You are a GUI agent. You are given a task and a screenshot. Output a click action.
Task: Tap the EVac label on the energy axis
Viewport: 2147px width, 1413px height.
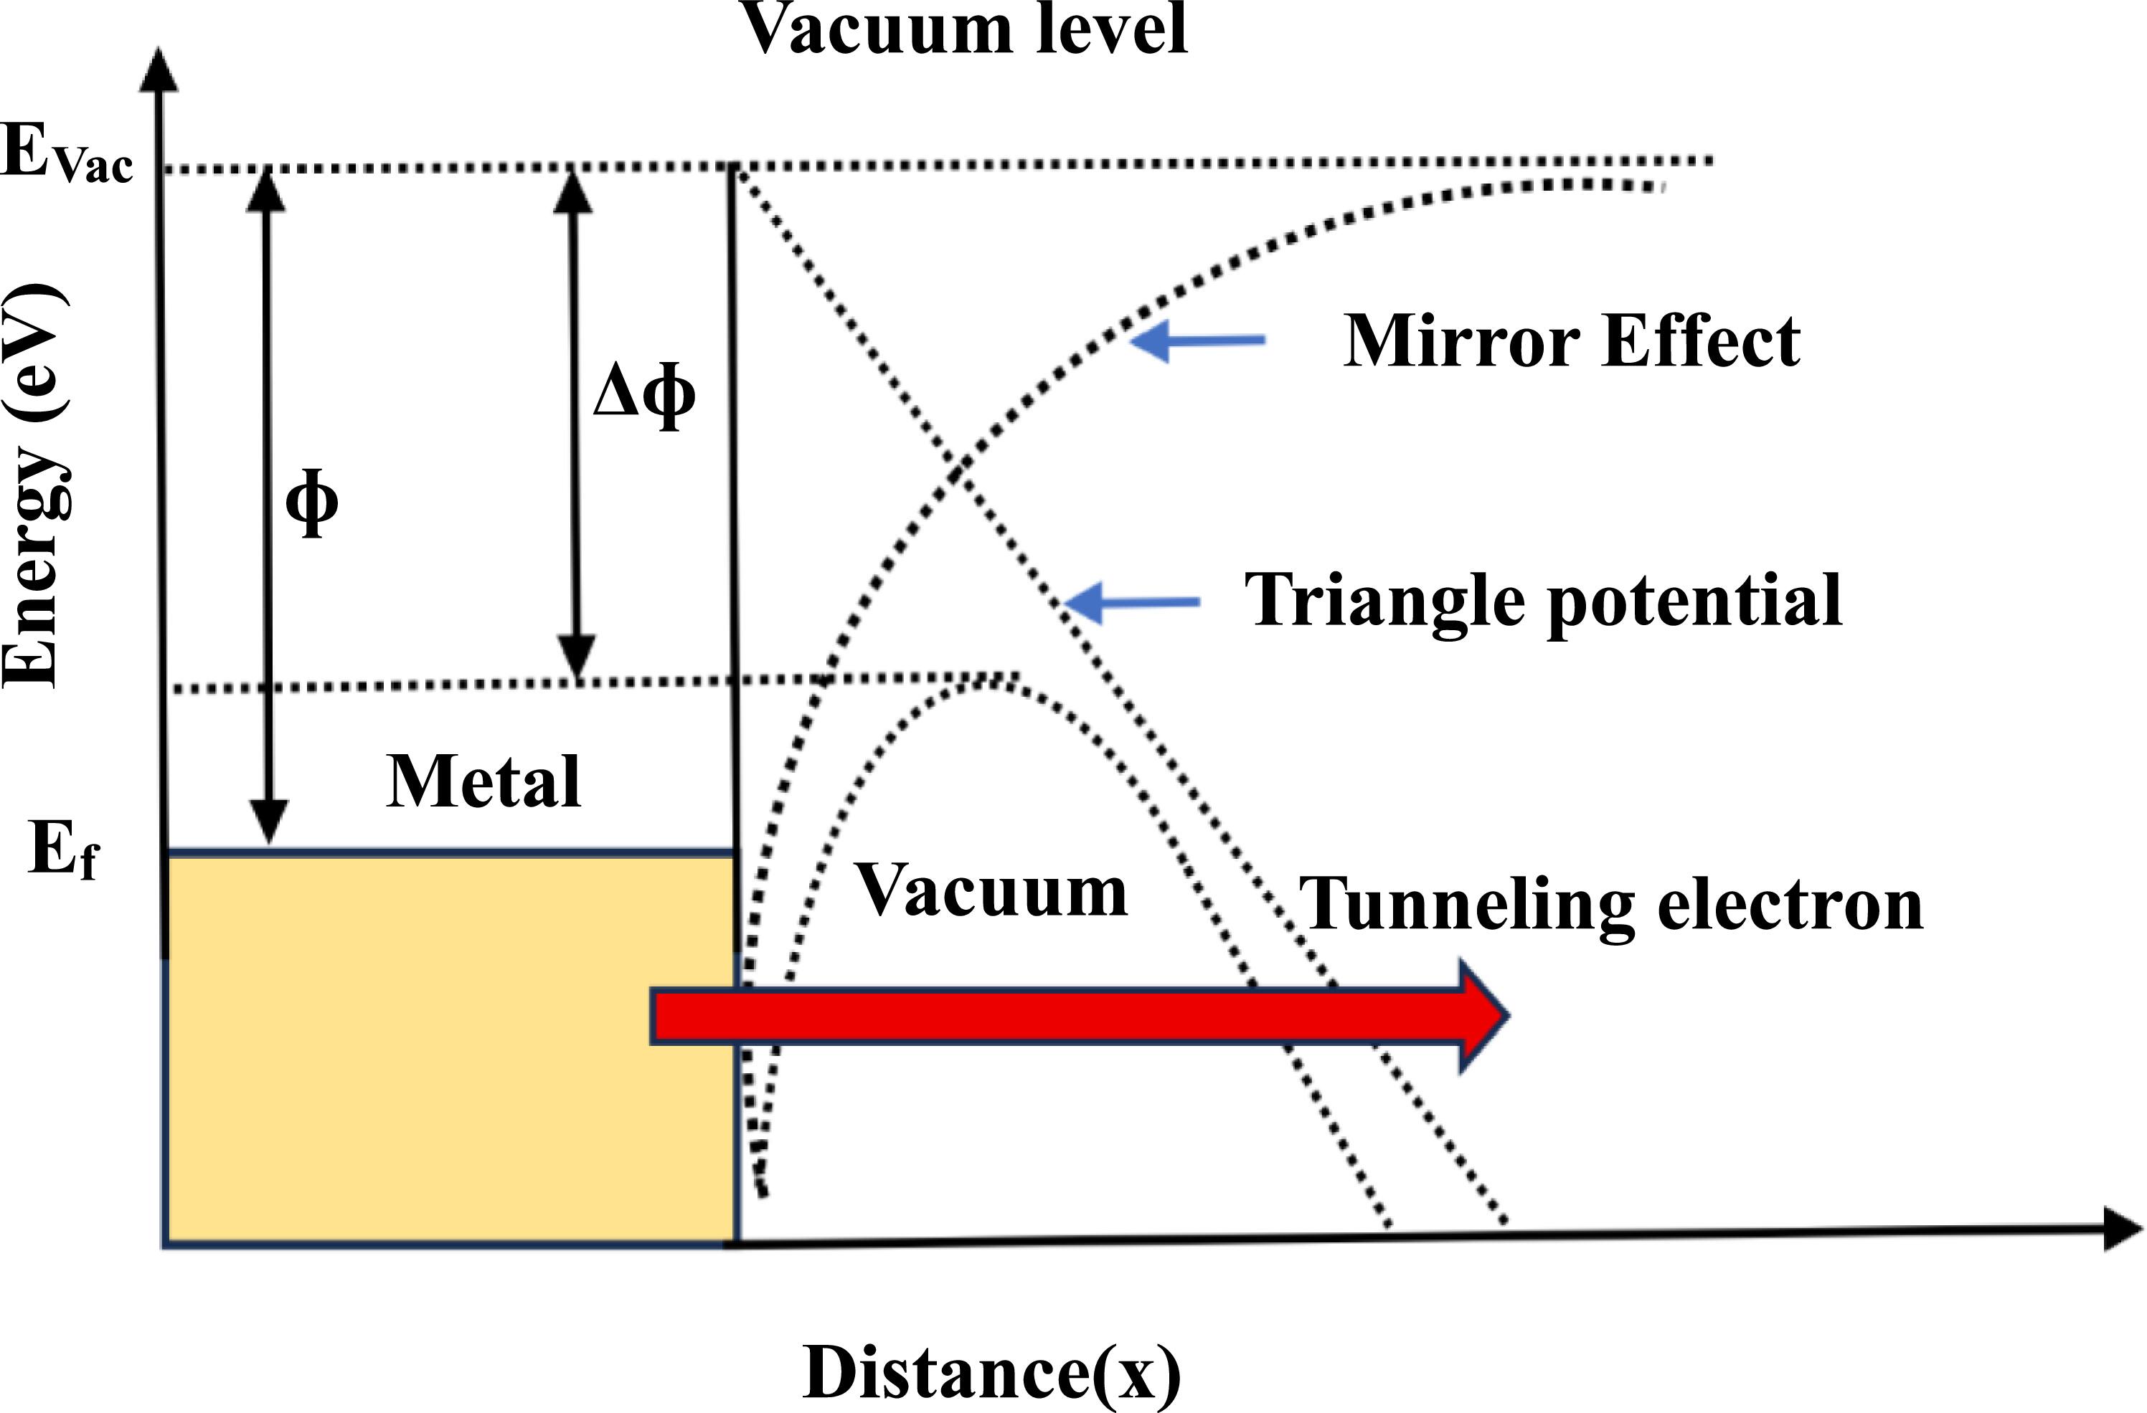67,155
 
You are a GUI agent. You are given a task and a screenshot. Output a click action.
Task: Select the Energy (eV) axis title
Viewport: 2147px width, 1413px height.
34,487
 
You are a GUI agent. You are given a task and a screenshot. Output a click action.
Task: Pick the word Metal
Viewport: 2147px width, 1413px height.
483,781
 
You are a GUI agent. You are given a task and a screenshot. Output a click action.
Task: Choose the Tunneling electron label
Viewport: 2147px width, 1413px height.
1610,905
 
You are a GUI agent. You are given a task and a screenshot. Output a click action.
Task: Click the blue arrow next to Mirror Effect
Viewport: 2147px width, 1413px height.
1197,341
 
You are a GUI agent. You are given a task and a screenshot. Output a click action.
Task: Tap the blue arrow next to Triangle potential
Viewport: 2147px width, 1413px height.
1132,602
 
